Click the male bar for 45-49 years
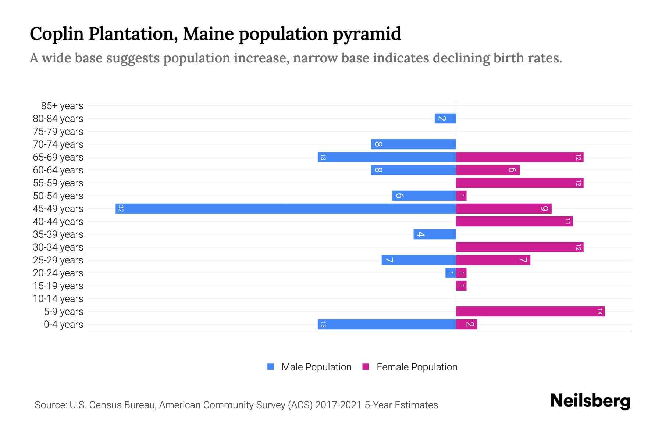click(x=286, y=209)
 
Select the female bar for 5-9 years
click(x=530, y=312)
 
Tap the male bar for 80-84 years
click(x=445, y=119)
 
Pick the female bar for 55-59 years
click(x=520, y=183)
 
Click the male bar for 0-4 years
click(x=387, y=325)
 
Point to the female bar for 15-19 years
click(x=461, y=286)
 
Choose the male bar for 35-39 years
click(x=435, y=234)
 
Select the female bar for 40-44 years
click(x=515, y=222)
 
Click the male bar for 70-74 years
click(x=413, y=144)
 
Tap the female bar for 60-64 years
click(x=488, y=170)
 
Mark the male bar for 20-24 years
click(x=451, y=273)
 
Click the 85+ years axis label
click(x=62, y=106)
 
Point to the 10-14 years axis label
click(x=58, y=299)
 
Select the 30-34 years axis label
click(x=58, y=247)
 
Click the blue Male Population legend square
click(x=271, y=367)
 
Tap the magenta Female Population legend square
click(x=366, y=367)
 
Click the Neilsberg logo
click(x=590, y=401)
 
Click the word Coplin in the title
click(x=57, y=34)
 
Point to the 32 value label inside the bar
click(x=121, y=209)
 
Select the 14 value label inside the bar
click(x=599, y=312)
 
